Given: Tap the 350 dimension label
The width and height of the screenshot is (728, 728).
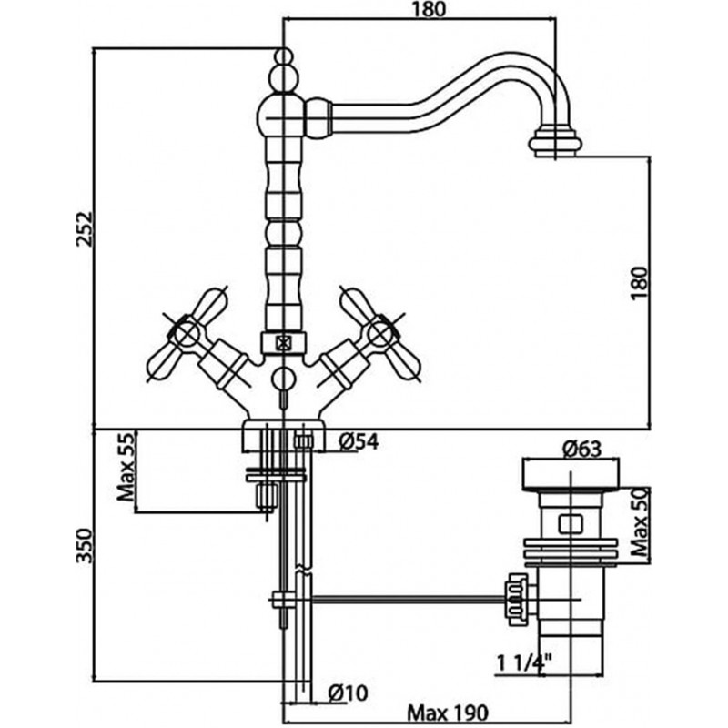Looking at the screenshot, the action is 85,545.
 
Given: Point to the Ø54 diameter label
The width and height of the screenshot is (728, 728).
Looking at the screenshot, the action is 359,441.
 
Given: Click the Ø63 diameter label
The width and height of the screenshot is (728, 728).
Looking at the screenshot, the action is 581,449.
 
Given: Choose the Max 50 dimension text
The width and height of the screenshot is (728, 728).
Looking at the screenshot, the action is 640,521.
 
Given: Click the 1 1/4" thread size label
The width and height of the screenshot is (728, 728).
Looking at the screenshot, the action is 524,663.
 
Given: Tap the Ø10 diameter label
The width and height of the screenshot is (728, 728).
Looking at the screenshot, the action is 348,693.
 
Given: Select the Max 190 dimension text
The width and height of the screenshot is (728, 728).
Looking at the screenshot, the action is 448,712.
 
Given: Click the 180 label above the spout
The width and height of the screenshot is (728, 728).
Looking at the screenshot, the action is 428,9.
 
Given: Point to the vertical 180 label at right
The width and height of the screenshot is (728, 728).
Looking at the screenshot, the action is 640,283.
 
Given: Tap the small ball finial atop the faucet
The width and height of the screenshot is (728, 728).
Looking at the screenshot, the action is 284,56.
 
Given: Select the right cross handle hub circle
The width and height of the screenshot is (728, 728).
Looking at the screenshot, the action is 379,334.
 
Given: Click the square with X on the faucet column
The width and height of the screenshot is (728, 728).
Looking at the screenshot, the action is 283,343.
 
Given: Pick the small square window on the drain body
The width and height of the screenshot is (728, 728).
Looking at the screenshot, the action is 571,524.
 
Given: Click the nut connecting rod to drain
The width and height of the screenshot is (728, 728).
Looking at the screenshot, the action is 517,600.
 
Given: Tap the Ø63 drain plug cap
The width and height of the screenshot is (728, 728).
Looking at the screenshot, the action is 571,474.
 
